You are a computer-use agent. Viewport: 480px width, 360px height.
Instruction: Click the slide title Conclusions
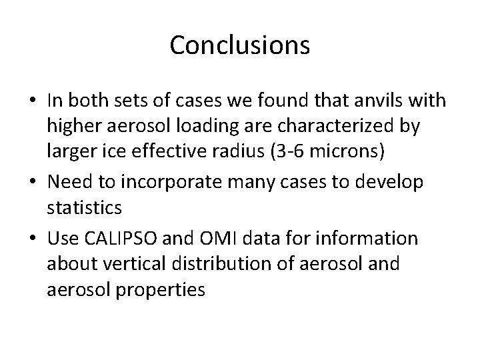(240, 45)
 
